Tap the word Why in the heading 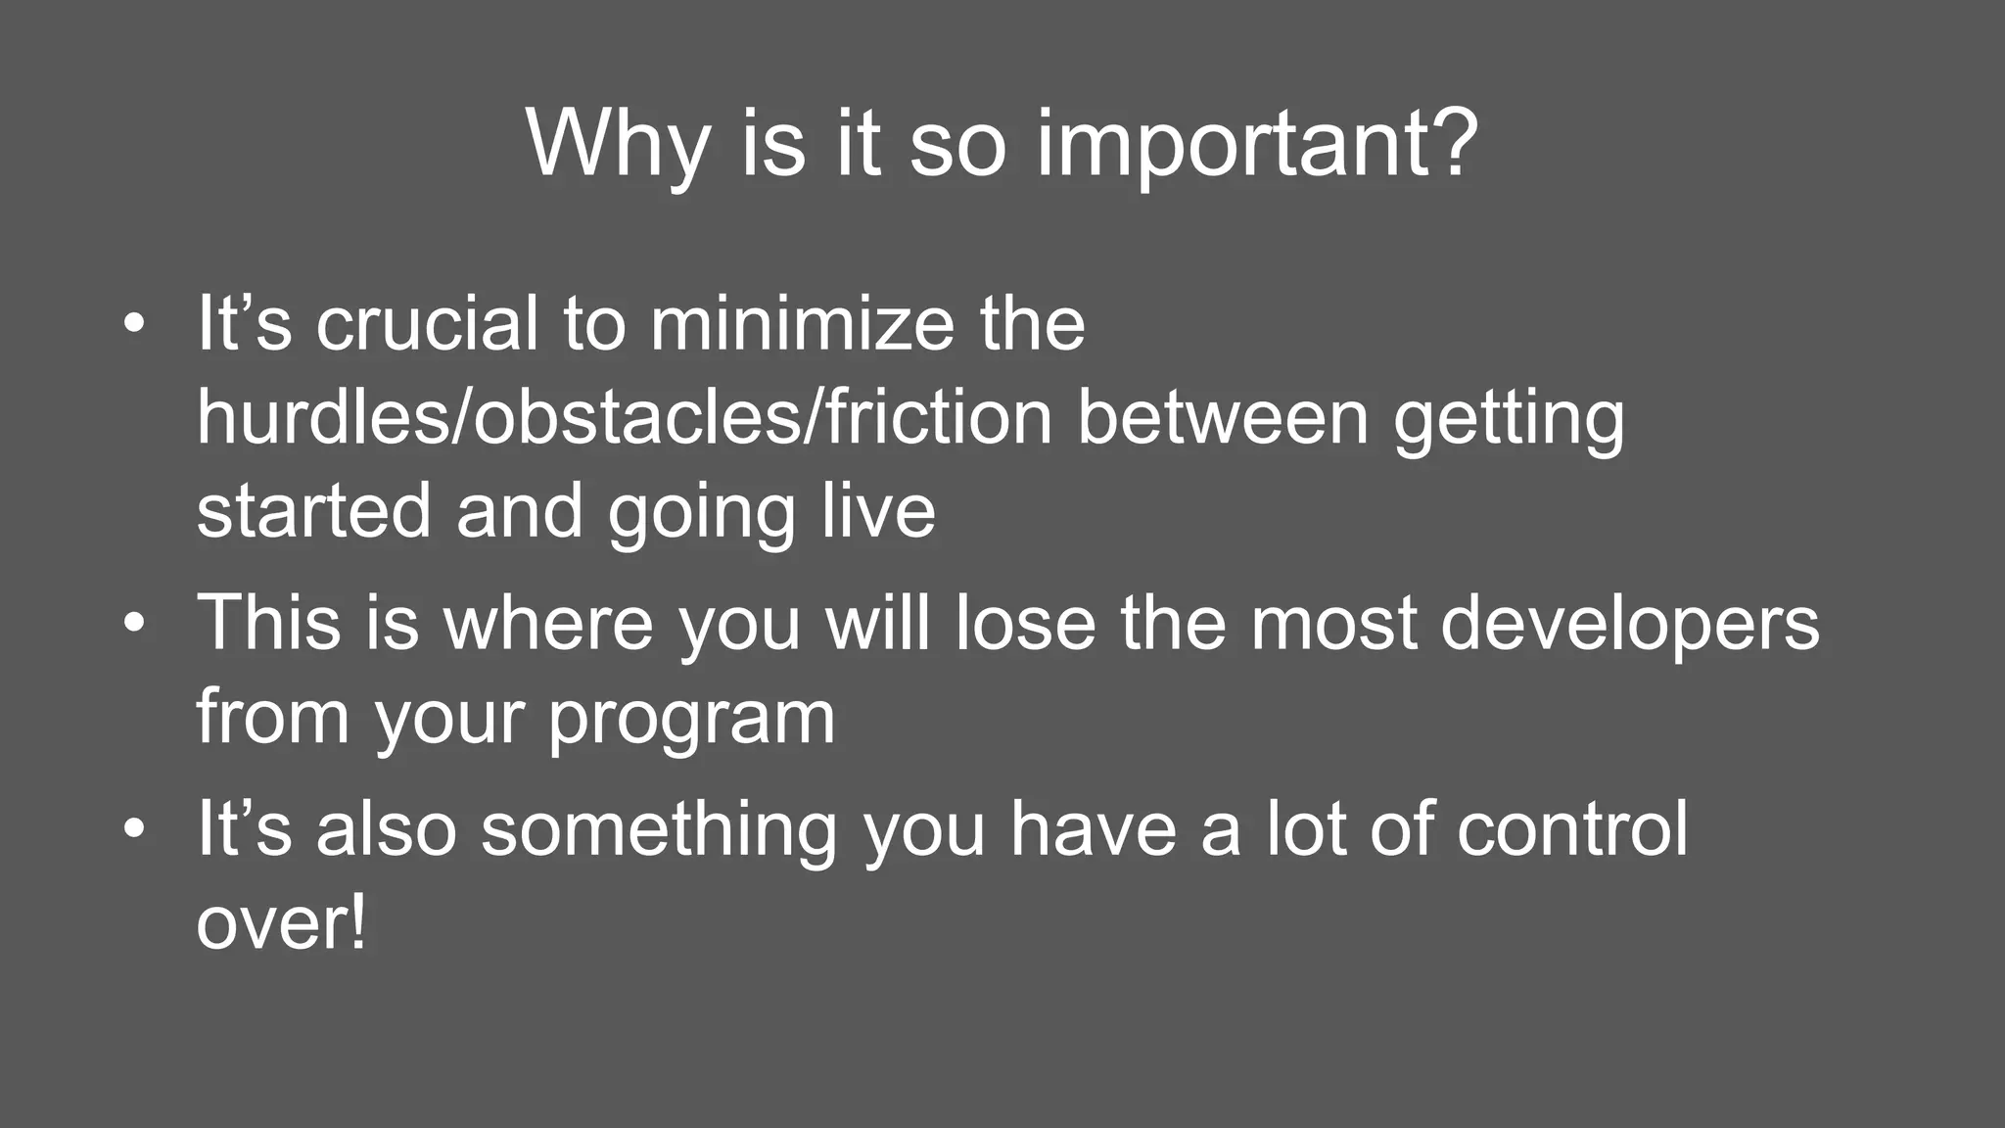click(x=617, y=145)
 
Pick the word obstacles click(x=636, y=417)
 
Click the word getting click(x=1509, y=421)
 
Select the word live click(x=878, y=511)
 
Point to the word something click(x=659, y=830)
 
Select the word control click(x=1572, y=828)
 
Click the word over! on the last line click(x=281, y=922)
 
